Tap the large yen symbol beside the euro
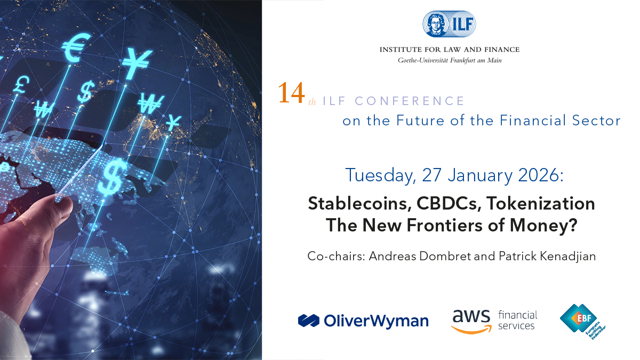pos(137,63)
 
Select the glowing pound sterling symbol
pos(21,85)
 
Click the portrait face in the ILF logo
pos(435,25)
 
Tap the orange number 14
pos(291,93)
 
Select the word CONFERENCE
pos(410,101)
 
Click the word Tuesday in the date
pos(380,175)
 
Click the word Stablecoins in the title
pos(359,203)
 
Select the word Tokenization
pos(540,203)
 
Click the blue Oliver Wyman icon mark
pos(309,321)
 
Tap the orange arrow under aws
pos(471,330)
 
